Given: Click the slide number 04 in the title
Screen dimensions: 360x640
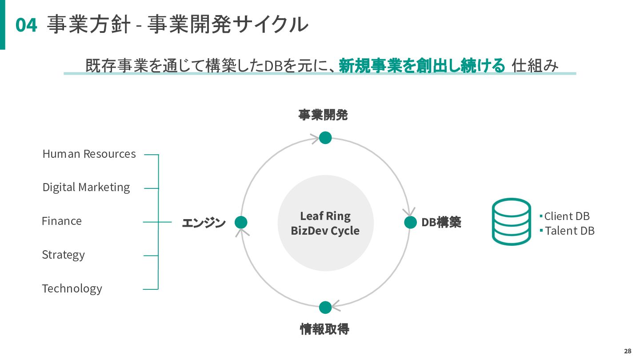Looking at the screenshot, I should coord(26,25).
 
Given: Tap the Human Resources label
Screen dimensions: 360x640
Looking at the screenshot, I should coord(89,154).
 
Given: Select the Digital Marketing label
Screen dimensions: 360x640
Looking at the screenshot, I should coord(86,187).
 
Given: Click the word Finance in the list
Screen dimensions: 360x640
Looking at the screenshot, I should coord(62,221).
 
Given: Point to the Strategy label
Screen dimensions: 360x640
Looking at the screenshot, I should coord(63,255).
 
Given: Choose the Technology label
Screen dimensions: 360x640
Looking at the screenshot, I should coord(72,288).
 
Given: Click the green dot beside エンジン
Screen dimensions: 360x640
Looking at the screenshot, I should coord(241,222).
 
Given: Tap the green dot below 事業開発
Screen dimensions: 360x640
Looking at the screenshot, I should coord(325,138).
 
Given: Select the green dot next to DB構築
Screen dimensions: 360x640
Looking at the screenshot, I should coord(410,222).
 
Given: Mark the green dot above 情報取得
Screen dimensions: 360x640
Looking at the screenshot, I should coord(325,307).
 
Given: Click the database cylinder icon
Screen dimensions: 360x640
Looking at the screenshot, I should coord(511,222).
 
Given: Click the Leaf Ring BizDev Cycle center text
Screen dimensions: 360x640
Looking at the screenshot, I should coord(325,223).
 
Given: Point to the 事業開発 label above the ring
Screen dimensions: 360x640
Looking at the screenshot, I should coord(323,115).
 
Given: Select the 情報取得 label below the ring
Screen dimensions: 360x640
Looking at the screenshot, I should coord(324,329).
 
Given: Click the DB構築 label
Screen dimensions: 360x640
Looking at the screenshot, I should coord(441,222).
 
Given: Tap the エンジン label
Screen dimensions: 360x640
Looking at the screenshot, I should coord(204,223).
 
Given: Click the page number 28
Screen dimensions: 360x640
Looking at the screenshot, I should coord(627,351).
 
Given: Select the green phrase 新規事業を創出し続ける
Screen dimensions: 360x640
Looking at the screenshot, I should coord(422,66).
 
